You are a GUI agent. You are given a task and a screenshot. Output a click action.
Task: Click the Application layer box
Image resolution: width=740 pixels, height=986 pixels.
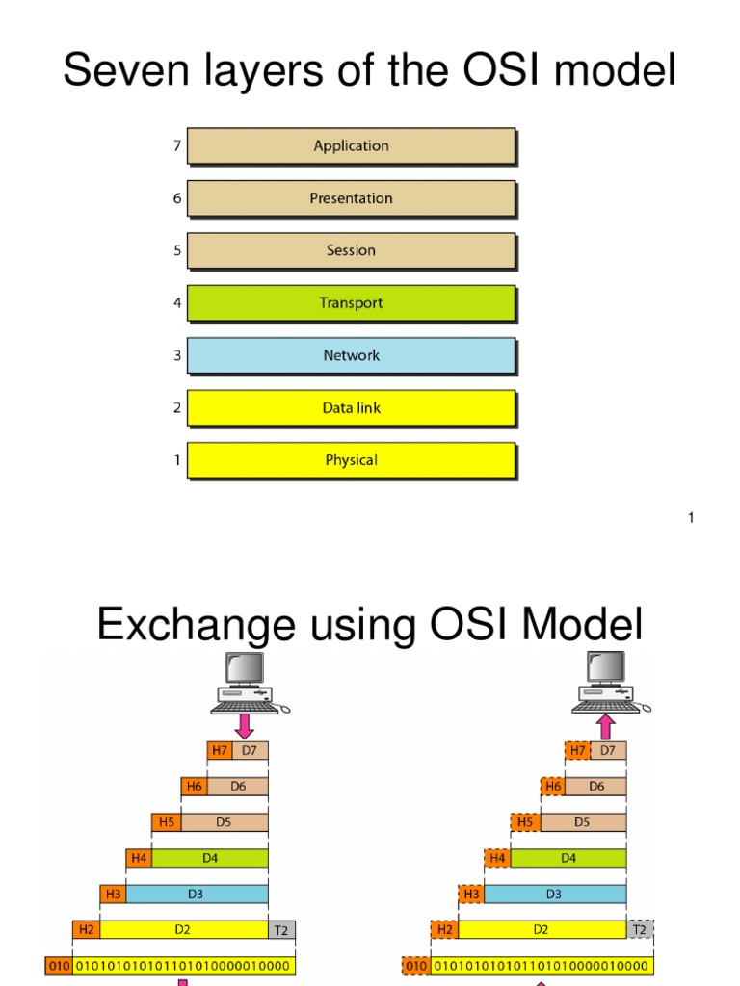[351, 146]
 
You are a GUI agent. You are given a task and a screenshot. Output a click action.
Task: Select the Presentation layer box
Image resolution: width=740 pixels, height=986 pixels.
[351, 198]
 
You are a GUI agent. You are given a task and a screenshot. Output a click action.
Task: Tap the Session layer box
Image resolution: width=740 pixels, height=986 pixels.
[351, 250]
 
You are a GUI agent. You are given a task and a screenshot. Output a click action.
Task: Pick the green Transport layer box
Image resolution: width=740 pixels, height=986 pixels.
[351, 303]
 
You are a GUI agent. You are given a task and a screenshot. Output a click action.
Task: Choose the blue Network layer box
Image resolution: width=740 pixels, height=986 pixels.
[351, 355]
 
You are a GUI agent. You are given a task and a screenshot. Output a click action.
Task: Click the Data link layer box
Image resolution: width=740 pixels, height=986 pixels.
[351, 408]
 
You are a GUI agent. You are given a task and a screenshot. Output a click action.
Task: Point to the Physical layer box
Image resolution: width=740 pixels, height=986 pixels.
[351, 460]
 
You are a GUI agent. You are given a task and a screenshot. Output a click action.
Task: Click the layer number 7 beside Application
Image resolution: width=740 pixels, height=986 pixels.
[176, 146]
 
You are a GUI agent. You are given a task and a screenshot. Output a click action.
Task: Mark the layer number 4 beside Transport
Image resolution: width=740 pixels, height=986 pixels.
[176, 303]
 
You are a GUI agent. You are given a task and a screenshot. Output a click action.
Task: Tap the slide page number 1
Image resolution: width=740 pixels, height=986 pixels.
[691, 519]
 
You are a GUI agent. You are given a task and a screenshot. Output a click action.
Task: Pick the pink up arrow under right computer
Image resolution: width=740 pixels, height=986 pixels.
[606, 726]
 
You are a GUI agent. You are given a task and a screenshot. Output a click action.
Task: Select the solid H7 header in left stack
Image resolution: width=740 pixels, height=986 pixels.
[221, 750]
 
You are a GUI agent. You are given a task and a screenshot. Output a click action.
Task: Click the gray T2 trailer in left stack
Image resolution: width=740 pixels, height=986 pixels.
[281, 930]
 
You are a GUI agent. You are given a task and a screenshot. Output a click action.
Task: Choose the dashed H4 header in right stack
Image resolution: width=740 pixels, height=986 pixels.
[497, 858]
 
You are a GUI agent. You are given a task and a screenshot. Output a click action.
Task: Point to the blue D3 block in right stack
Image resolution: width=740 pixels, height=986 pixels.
[554, 895]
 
